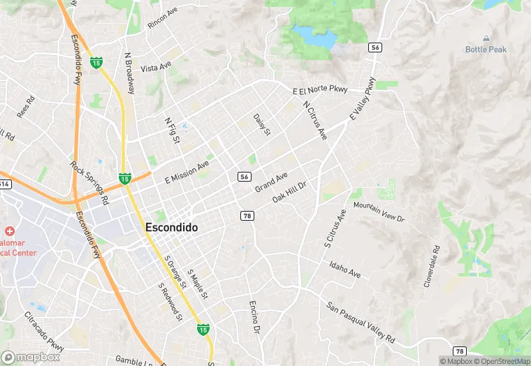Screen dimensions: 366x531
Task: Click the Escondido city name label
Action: point(171,228)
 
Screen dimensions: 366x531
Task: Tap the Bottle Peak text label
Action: point(486,50)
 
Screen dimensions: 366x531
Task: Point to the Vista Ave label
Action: point(156,68)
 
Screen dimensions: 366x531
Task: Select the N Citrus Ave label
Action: point(315,120)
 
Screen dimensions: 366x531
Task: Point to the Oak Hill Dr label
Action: point(294,190)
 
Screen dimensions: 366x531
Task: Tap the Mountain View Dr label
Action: point(379,212)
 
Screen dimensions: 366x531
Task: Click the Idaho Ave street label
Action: point(345,270)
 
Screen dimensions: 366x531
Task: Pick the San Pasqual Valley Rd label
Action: point(361,322)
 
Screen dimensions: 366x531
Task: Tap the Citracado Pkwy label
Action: point(45,332)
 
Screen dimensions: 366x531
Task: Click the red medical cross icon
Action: point(10,230)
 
